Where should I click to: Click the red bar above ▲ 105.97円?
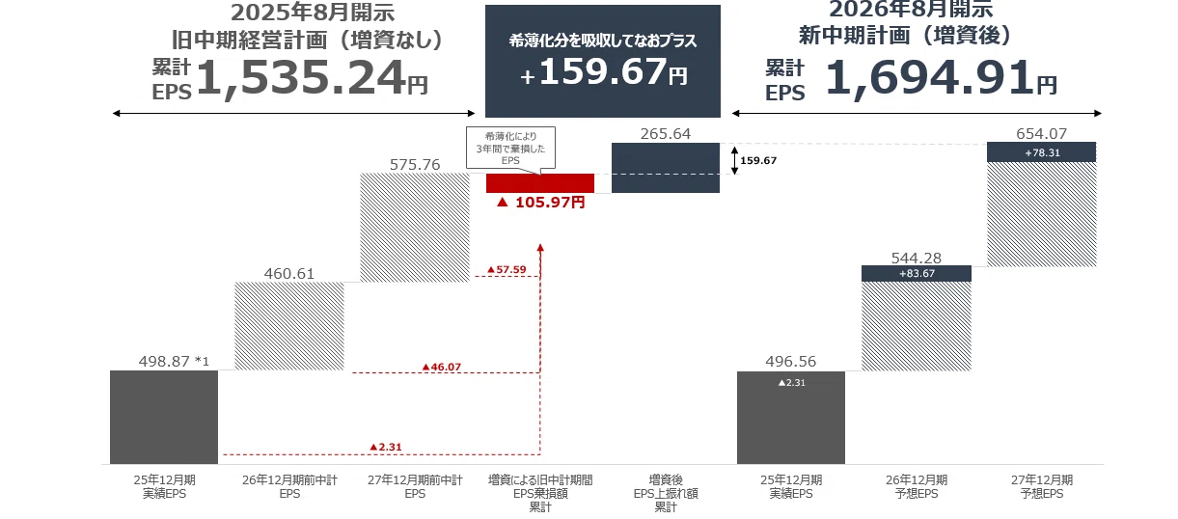coord(540,183)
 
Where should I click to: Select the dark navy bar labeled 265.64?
coord(666,168)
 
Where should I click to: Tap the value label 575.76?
coord(415,165)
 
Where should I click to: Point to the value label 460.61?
coord(289,273)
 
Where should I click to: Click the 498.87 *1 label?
coord(174,361)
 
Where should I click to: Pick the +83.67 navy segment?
coord(917,273)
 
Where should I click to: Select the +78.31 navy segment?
coord(1041,152)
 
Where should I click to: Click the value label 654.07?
coord(1041,133)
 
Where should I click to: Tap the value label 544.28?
coord(917,258)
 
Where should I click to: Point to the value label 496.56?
coord(790,361)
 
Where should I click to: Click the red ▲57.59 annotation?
coord(507,270)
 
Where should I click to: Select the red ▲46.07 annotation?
coord(441,367)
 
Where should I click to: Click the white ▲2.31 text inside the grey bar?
coord(791,383)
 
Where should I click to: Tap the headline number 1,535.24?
coord(301,78)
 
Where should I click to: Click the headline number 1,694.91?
coord(929,78)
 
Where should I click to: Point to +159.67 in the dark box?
coord(603,72)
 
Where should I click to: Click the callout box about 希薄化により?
coord(510,149)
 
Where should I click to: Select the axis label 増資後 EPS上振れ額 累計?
coord(666,493)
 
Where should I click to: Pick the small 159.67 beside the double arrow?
coord(757,160)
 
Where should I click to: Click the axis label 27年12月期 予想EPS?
coord(1041,486)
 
